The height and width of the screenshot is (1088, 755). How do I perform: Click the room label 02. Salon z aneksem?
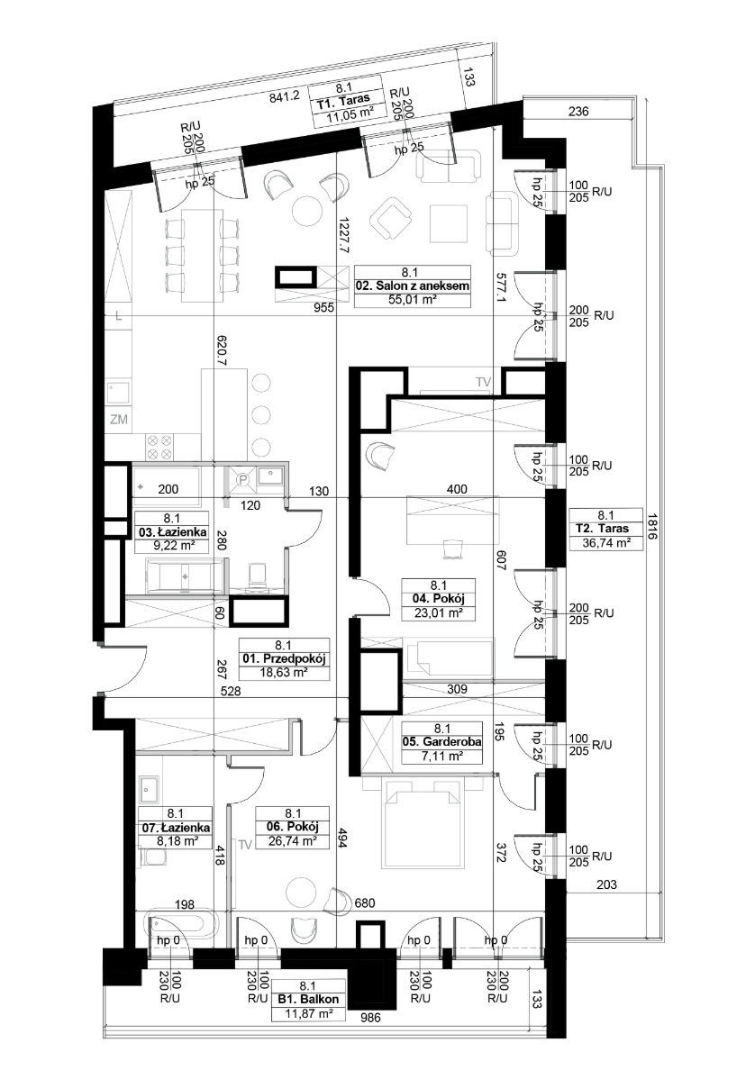[413, 286]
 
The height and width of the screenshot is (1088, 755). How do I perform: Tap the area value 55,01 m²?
[413, 300]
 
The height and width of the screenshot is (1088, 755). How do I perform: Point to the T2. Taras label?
[605, 529]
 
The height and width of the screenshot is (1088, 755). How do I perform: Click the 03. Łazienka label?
[172, 532]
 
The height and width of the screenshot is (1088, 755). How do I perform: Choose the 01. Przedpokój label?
[284, 659]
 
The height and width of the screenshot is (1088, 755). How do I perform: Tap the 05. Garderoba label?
[442, 741]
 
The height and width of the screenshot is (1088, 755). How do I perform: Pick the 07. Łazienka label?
[176, 828]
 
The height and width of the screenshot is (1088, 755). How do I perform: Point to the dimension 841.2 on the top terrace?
[285, 97]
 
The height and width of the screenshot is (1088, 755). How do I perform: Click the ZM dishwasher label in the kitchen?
[119, 419]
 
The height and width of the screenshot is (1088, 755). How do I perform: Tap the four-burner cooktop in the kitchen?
[159, 447]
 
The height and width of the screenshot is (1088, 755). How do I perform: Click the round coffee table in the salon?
[306, 211]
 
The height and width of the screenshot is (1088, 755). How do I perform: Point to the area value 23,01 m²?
[438, 613]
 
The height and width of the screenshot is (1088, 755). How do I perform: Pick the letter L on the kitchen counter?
[119, 317]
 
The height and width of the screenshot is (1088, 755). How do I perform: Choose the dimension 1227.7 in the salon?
[344, 235]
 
